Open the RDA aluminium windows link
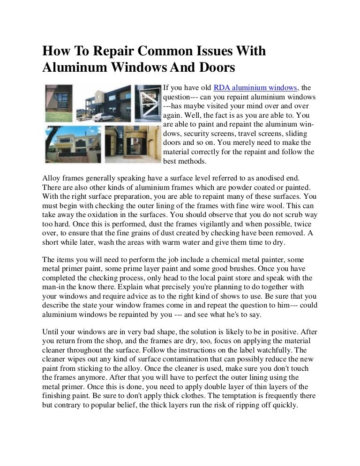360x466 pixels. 255,88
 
